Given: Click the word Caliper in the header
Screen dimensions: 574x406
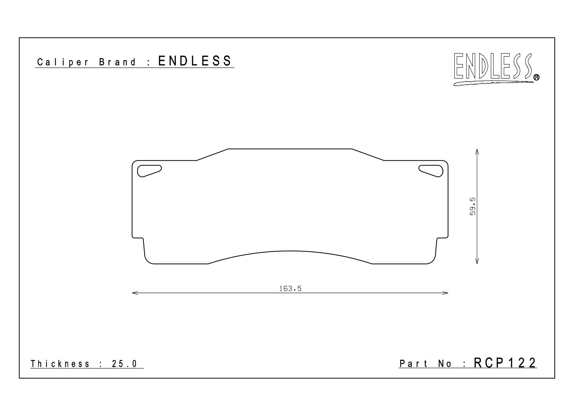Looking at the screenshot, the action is point(63,62).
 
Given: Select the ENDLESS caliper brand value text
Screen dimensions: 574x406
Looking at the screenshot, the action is point(195,61).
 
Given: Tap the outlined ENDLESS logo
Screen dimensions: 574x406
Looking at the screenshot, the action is point(493,66).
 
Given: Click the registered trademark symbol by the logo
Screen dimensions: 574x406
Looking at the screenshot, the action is point(536,77).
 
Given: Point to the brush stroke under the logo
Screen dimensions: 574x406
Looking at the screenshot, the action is point(494,83).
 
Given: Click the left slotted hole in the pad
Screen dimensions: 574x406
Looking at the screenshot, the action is point(149,171).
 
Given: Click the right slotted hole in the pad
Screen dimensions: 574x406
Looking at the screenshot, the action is point(431,171).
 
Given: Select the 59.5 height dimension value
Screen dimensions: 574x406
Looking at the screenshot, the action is point(472,206).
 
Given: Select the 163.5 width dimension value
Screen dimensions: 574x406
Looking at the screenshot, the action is point(290,289).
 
